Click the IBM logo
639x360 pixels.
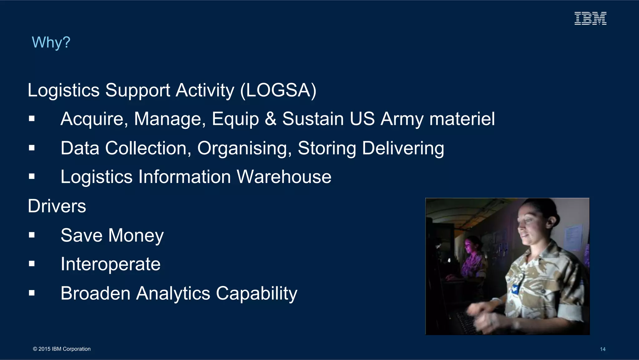click(590, 18)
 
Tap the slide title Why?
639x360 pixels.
click(51, 42)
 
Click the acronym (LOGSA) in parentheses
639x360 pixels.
click(278, 91)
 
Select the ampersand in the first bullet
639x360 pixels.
click(271, 119)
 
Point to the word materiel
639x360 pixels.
click(462, 119)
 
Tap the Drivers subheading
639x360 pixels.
click(57, 206)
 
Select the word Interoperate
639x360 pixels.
click(110, 264)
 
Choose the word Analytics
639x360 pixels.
click(173, 293)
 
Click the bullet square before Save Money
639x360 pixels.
click(32, 235)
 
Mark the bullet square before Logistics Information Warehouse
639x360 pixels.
click(32, 176)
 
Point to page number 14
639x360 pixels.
click(602, 349)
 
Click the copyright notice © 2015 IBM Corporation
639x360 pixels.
click(62, 349)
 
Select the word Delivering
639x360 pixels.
click(403, 148)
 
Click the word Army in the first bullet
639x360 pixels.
click(402, 119)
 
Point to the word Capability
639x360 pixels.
click(256, 293)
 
